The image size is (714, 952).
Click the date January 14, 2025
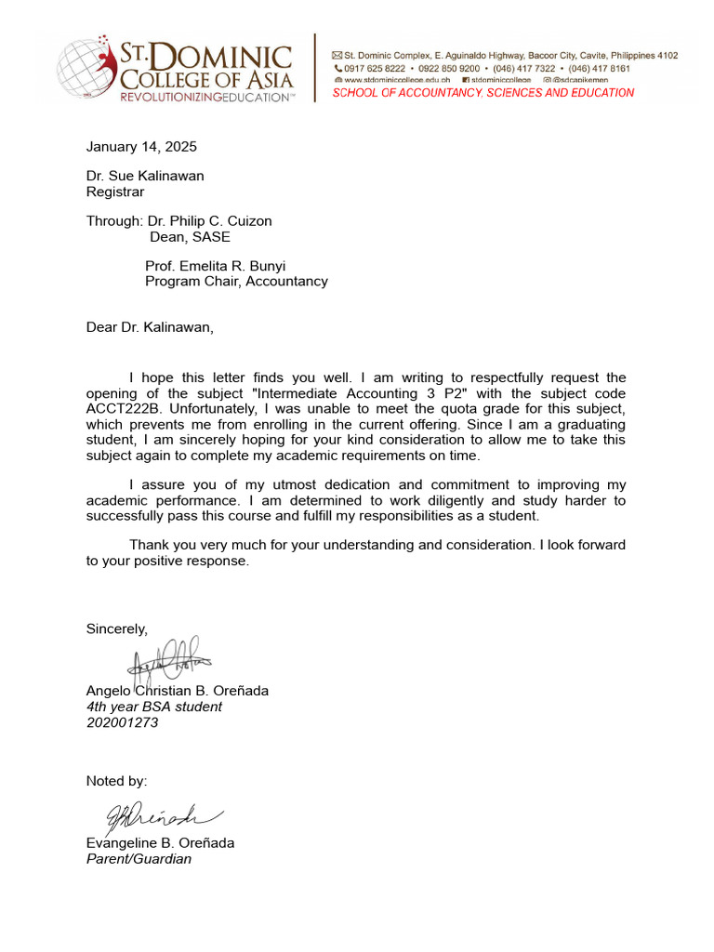pyautogui.click(x=141, y=147)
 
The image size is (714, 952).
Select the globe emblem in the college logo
pyautogui.click(x=85, y=70)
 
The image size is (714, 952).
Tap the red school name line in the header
pyautogui.click(x=483, y=93)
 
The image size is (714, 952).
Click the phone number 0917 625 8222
pyautogui.click(x=375, y=69)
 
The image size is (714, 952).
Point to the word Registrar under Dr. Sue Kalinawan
pyautogui.click(x=115, y=192)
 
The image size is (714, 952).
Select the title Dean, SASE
pyautogui.click(x=190, y=237)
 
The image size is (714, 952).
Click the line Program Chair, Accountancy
pyautogui.click(x=236, y=282)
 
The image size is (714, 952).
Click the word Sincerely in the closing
pyautogui.click(x=117, y=629)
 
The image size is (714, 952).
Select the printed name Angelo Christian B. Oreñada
pyautogui.click(x=177, y=691)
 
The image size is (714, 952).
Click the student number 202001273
pyautogui.click(x=122, y=722)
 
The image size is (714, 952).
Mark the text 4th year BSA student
pyautogui.click(x=154, y=707)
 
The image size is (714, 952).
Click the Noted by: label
pyautogui.click(x=116, y=781)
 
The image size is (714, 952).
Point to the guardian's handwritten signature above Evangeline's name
pyautogui.click(x=153, y=815)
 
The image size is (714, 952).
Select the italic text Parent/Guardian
pyautogui.click(x=139, y=859)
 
